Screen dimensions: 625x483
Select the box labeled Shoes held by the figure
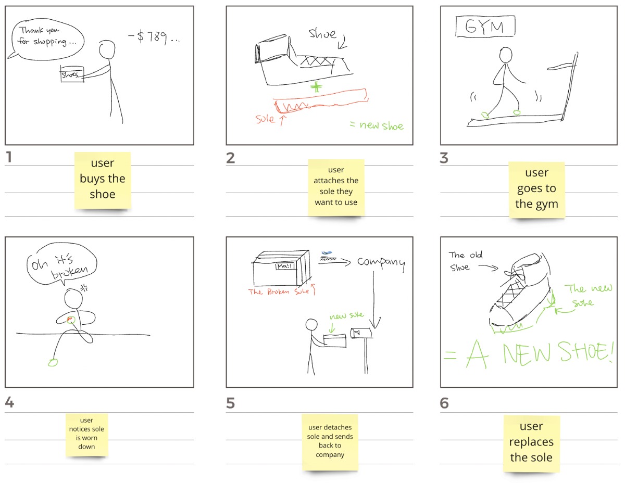tap(72, 74)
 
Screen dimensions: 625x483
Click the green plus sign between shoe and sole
tap(316, 86)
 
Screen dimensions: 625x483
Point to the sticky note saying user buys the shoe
tap(103, 180)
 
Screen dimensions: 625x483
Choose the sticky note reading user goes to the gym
tap(536, 190)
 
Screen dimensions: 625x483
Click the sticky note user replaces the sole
tap(531, 443)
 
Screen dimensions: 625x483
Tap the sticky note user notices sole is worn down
tap(86, 435)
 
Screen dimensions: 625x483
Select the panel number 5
tap(230, 403)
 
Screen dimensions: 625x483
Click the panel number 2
tap(230, 158)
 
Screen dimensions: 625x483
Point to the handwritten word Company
tap(381, 263)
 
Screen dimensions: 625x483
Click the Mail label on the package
tap(285, 266)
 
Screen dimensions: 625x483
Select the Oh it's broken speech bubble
tap(61, 264)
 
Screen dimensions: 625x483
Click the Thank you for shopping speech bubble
tap(46, 40)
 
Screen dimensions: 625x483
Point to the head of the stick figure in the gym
tap(505, 55)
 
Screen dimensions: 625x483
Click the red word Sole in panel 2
tap(265, 118)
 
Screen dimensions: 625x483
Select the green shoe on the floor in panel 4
tap(53, 363)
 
